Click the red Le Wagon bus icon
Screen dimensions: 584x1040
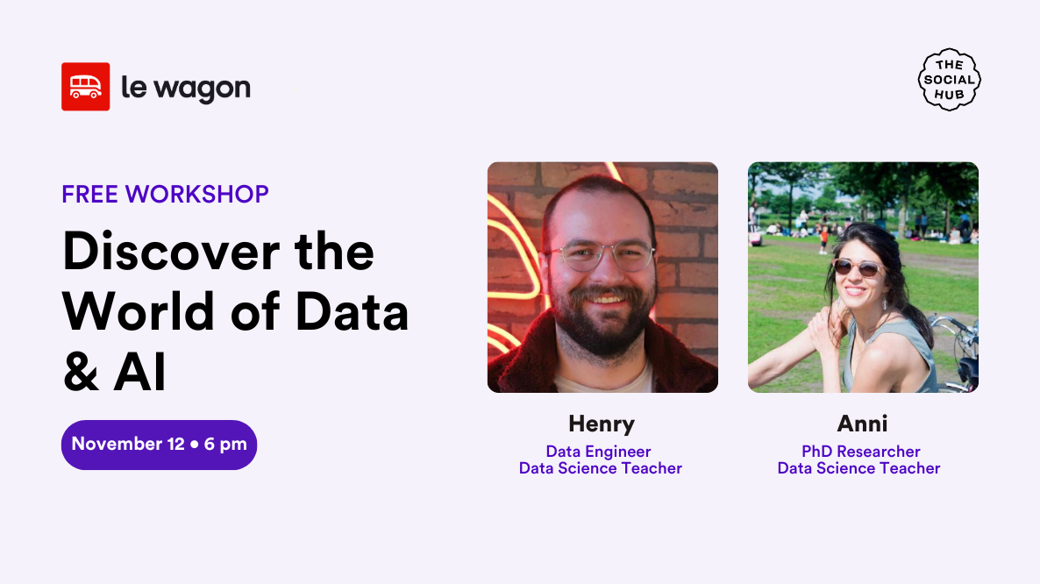click(x=85, y=87)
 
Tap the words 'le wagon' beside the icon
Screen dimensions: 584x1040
click(x=185, y=88)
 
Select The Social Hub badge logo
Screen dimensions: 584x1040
click(x=949, y=80)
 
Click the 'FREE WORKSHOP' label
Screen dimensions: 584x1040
click(x=165, y=194)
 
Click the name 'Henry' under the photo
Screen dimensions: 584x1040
click(x=602, y=424)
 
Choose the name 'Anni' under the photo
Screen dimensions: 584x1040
click(x=862, y=424)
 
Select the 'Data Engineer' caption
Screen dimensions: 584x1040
click(x=598, y=452)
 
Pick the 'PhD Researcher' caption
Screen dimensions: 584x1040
click(x=860, y=452)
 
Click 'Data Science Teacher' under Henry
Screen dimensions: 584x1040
click(x=600, y=468)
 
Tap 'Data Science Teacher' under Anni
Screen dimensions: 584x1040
click(x=858, y=468)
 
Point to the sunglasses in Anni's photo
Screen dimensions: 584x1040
click(x=855, y=267)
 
